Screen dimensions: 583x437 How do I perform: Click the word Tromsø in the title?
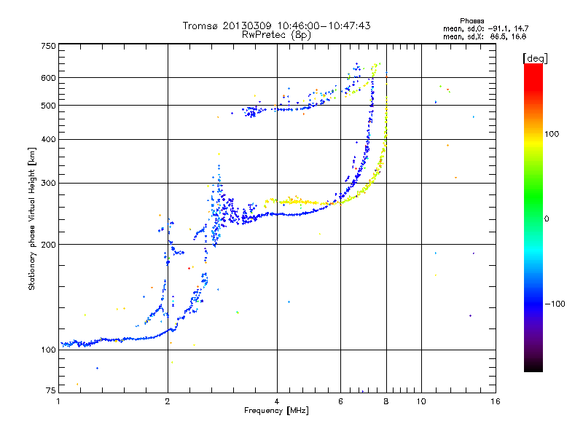[201, 25]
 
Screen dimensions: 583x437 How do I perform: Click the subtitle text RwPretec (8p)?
[276, 35]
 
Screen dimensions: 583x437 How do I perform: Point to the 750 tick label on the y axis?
[49, 46]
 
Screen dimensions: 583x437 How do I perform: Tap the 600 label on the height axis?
[49, 78]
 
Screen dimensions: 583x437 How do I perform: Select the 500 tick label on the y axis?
[49, 105]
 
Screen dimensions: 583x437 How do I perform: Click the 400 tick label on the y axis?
[49, 139]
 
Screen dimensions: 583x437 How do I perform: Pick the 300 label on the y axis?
[49, 183]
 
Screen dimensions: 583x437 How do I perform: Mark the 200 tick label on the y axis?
[49, 244]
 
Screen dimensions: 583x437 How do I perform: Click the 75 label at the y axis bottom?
[51, 390]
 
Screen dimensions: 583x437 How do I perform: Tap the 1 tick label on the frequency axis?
[59, 401]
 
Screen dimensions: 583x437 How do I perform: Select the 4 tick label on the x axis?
[277, 401]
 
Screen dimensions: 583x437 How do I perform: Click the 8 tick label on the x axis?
[386, 401]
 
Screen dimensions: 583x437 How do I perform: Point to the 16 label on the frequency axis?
[496, 401]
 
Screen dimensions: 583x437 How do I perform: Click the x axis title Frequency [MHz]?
[276, 411]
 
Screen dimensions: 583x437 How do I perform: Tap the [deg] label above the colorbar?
[535, 58]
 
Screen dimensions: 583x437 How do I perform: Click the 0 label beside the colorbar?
[546, 219]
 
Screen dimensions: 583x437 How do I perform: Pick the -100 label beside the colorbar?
[555, 304]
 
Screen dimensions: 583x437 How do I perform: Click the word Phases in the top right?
[472, 21]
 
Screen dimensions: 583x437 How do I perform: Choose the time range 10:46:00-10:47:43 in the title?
[324, 25]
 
